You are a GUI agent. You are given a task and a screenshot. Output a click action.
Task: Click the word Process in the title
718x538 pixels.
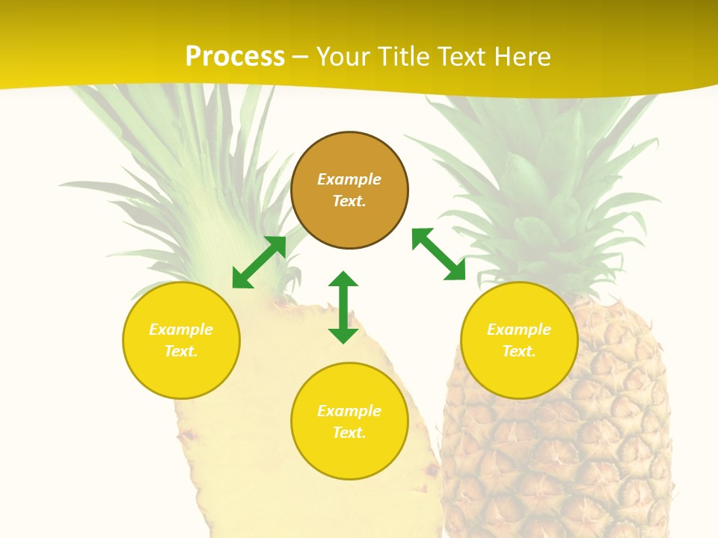click(x=235, y=57)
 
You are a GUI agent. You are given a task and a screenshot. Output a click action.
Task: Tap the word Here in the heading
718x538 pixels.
click(x=521, y=57)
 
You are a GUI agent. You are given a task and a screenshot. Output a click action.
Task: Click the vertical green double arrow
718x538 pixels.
click(x=343, y=307)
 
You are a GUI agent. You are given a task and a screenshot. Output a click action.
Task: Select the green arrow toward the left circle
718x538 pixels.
click(x=259, y=262)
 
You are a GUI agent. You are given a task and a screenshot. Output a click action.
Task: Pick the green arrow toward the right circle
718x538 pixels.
click(x=438, y=254)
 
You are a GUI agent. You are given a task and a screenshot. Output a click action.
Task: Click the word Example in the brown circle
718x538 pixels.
click(x=349, y=179)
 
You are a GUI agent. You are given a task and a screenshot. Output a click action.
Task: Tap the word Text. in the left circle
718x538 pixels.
click(x=181, y=351)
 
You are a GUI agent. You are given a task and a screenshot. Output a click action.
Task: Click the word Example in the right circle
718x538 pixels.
click(x=519, y=330)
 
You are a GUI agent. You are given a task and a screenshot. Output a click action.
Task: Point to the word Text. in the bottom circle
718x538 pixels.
click(x=349, y=433)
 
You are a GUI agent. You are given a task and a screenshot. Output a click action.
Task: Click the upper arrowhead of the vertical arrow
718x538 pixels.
click(x=343, y=279)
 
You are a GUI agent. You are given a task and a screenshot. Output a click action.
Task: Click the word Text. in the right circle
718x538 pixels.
click(x=519, y=351)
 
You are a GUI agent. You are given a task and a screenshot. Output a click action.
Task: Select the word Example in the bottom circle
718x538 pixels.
click(x=349, y=411)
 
